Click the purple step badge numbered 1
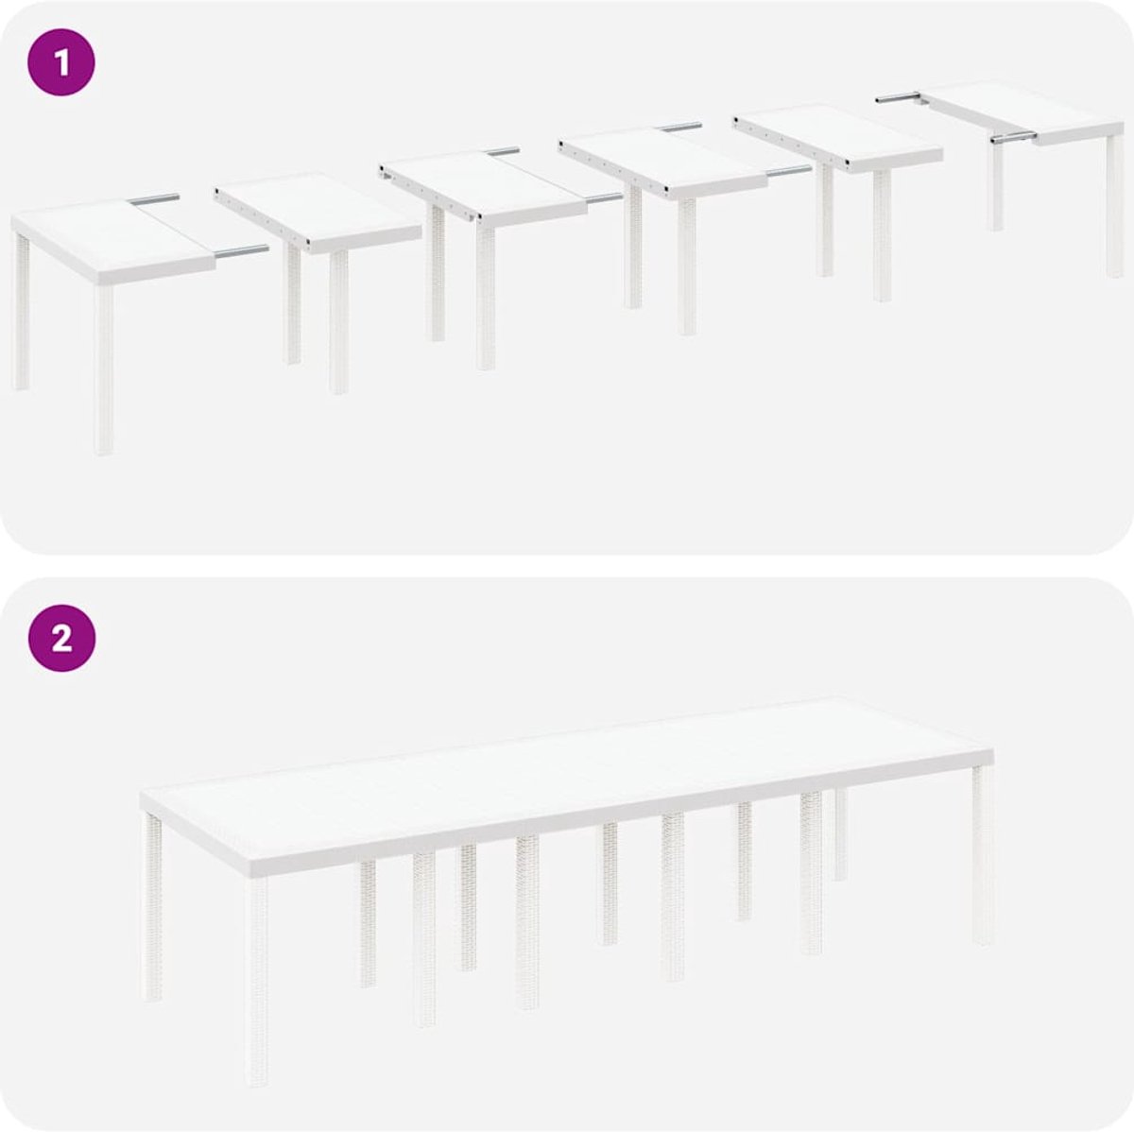[61, 62]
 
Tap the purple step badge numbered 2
[61, 638]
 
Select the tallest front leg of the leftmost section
[104, 370]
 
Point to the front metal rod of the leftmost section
[241, 251]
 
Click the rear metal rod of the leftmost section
[154, 199]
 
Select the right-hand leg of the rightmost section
[1114, 206]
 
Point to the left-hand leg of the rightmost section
[996, 186]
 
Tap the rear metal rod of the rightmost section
[899, 97]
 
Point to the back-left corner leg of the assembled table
[152, 907]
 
